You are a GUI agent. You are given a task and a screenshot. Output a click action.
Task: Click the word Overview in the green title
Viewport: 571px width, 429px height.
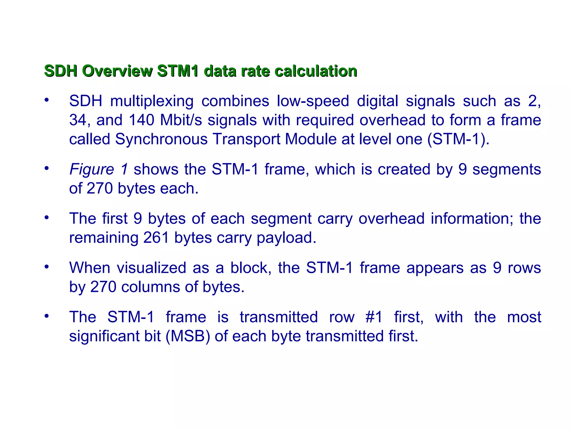point(117,71)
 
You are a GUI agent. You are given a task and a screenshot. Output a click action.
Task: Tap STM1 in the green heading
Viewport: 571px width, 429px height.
point(178,71)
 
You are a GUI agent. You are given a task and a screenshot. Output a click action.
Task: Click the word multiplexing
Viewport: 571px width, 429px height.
point(152,101)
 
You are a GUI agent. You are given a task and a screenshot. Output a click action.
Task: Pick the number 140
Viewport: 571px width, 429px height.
point(142,120)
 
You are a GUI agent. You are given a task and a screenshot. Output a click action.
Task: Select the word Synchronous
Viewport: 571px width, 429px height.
point(161,139)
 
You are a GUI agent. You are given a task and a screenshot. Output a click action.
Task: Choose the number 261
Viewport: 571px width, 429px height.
point(156,238)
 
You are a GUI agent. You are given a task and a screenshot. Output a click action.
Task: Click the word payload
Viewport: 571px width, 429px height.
point(286,238)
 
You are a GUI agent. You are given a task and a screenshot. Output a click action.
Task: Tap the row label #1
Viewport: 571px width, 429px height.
point(374,317)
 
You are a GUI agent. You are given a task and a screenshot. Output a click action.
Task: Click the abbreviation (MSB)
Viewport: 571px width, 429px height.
point(188,336)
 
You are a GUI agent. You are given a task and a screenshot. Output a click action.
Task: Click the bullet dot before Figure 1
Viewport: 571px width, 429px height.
point(47,168)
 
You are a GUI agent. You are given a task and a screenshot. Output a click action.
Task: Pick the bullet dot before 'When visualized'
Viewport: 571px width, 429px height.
point(47,267)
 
